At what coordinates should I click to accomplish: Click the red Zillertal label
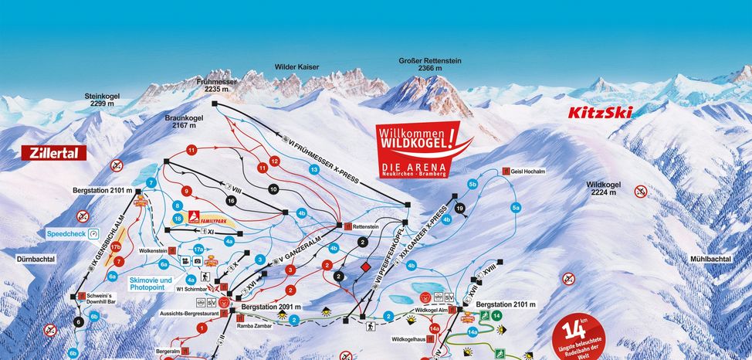click(53, 153)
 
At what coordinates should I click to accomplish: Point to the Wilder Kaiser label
click(297, 67)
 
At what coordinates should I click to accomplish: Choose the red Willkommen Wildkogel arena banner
click(415, 147)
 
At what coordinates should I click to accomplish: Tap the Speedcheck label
click(66, 233)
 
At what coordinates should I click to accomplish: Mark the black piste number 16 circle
click(231, 201)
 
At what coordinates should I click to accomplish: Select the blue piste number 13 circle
click(313, 168)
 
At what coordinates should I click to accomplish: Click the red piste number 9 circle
click(185, 191)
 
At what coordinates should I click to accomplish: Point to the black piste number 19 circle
click(460, 209)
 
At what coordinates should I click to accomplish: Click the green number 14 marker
click(497, 316)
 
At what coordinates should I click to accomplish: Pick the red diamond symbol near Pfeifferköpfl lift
click(365, 267)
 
